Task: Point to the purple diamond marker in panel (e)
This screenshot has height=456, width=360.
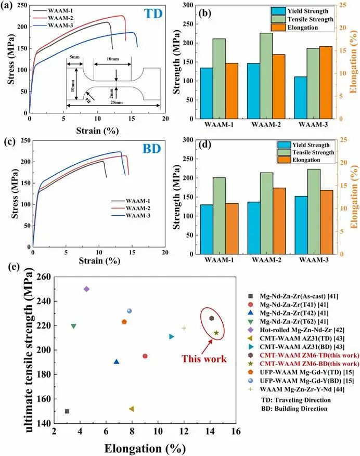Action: (86, 289)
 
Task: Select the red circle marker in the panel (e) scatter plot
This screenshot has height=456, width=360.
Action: (145, 356)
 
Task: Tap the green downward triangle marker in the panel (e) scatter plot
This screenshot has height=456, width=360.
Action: (73, 326)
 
